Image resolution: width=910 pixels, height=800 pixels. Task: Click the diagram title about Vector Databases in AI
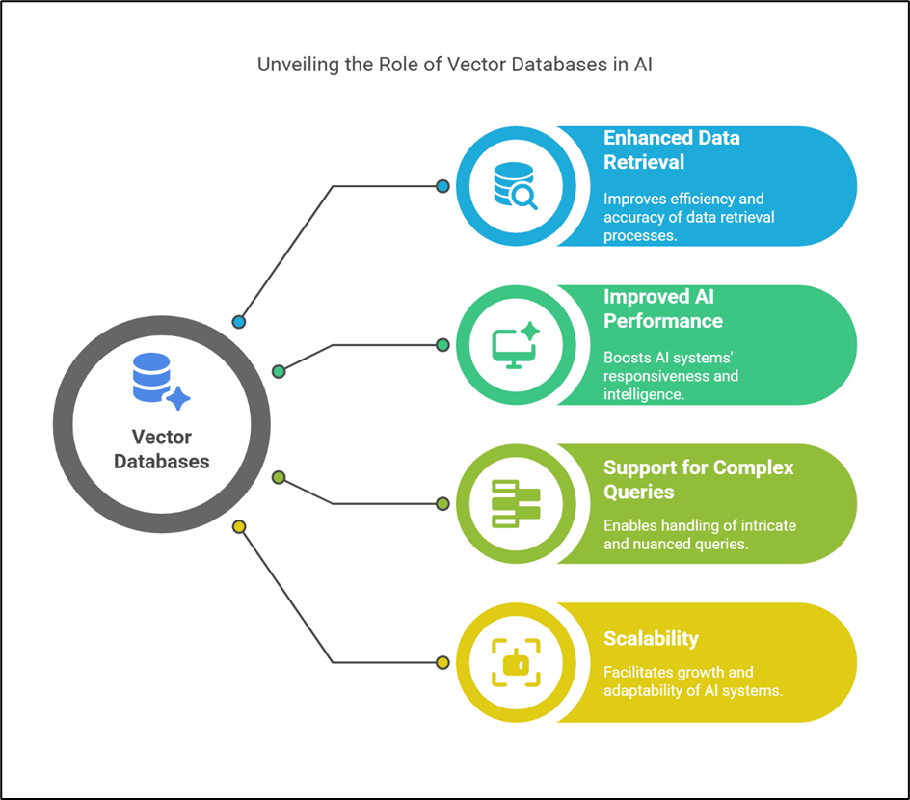[x=455, y=66]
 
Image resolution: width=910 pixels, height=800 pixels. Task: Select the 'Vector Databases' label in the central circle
[x=161, y=449]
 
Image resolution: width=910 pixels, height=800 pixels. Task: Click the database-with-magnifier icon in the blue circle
[x=515, y=185]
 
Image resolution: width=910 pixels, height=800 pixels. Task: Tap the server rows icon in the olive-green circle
[x=516, y=503]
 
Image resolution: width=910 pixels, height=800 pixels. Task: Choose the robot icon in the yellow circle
[x=516, y=662]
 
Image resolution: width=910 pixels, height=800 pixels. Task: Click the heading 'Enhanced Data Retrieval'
[x=672, y=149]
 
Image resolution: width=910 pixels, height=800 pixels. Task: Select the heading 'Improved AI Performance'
[x=663, y=308]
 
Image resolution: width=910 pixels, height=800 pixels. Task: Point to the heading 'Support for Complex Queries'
[x=698, y=479]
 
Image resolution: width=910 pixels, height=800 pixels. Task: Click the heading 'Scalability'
[x=651, y=638]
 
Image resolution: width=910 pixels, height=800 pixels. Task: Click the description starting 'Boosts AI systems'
[x=671, y=376]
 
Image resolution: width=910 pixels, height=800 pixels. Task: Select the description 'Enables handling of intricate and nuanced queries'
[x=699, y=535]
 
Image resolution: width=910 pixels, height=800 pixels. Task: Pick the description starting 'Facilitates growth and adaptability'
[x=691, y=681]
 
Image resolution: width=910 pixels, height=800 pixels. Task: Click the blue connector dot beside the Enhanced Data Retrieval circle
[x=442, y=186]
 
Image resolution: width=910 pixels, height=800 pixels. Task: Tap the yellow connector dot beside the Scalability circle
[x=442, y=662]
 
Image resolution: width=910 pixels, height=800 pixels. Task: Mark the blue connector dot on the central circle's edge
[x=239, y=322]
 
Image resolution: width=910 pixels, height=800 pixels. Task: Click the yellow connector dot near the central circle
[x=239, y=527]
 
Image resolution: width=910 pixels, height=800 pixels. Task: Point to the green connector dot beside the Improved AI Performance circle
[x=442, y=344]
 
